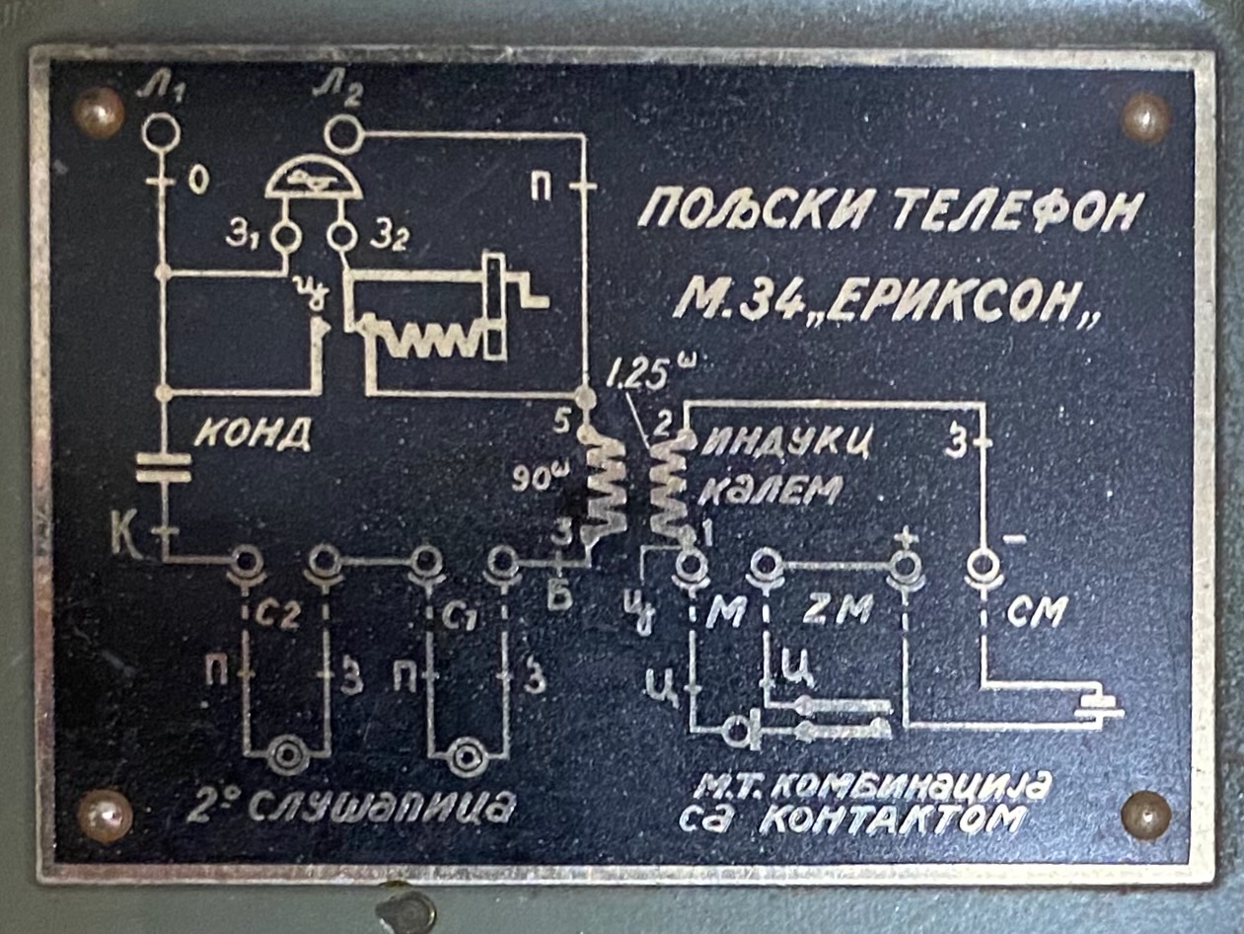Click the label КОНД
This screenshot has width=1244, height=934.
click(x=252, y=433)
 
